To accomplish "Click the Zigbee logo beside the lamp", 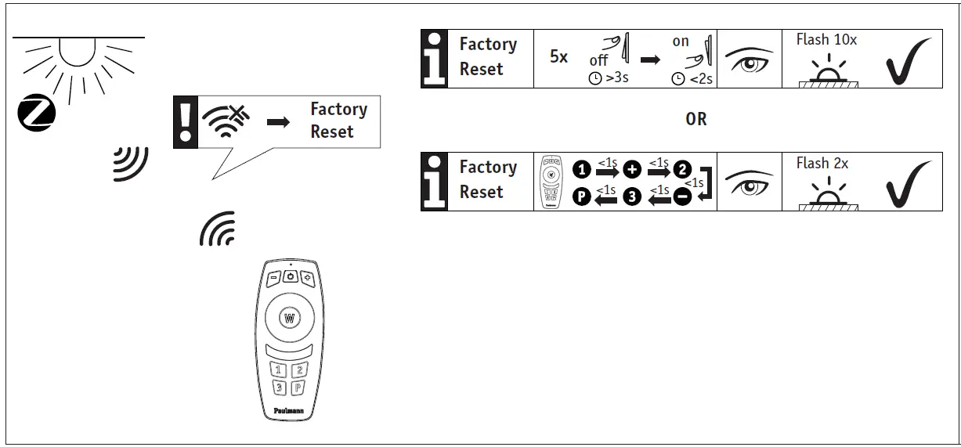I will coord(37,112).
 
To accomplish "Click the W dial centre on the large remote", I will coord(289,319).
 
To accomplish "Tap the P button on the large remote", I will coord(299,388).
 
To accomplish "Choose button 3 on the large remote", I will coord(278,388).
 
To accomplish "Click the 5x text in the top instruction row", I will coord(558,57).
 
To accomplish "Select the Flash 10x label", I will coord(826,39).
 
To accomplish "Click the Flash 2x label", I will coord(822,163).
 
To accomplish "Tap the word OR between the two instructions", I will coord(695,119).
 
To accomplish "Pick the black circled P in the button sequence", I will coord(581,197).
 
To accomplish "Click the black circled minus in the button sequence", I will coord(682,197).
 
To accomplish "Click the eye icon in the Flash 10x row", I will coord(749,59).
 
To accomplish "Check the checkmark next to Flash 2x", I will coord(909,184).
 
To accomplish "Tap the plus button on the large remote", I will coord(307,277).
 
